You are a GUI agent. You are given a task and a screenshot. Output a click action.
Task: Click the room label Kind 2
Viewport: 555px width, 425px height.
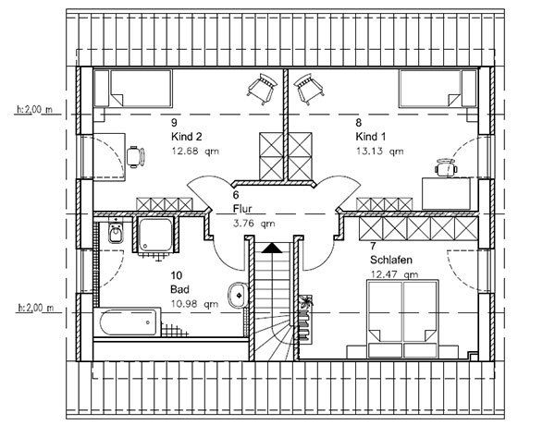point(186,135)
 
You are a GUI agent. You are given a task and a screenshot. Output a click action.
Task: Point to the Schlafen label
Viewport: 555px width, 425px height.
point(391,260)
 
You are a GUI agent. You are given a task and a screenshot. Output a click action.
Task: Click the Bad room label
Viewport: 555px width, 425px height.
point(179,289)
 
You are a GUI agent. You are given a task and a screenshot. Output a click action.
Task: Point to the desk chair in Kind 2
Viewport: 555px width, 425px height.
point(137,155)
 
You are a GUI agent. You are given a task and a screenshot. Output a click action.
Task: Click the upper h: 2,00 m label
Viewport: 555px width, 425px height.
point(33,109)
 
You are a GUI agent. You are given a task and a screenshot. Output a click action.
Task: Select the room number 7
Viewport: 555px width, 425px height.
point(373,246)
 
